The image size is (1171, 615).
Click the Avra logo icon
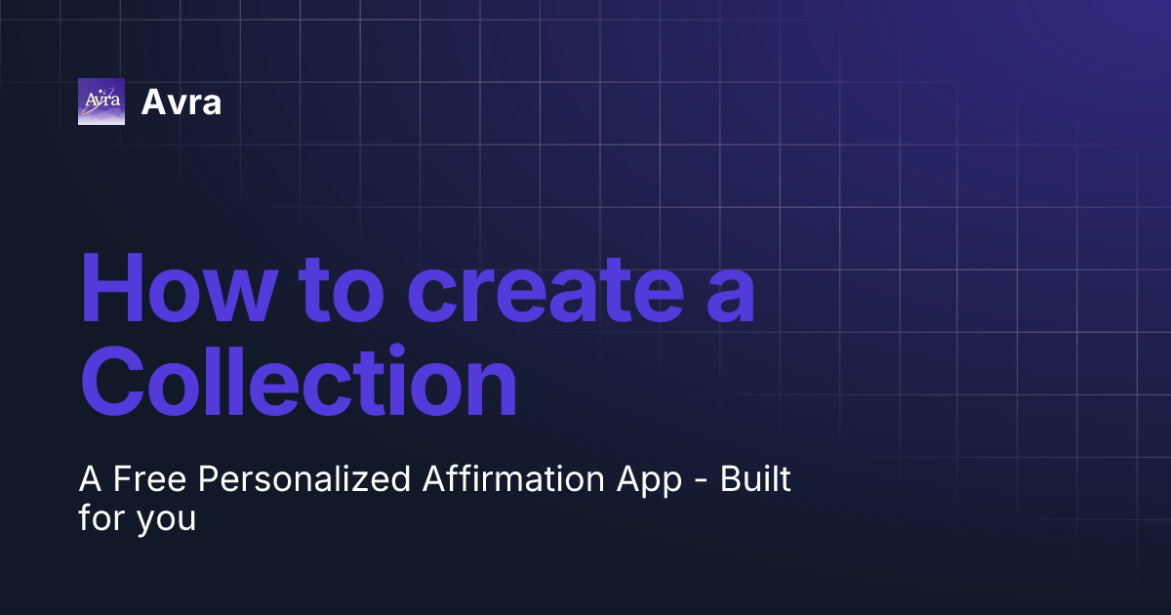click(101, 102)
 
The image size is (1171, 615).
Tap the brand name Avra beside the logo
click(182, 102)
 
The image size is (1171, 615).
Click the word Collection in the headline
click(298, 384)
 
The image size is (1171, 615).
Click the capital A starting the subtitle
click(91, 480)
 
